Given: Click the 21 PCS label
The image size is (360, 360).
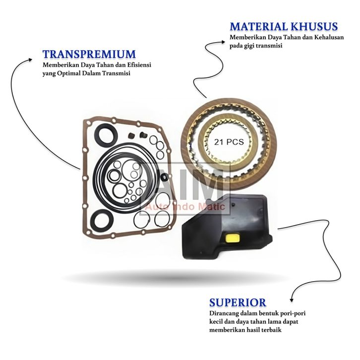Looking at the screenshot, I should [228, 141].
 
